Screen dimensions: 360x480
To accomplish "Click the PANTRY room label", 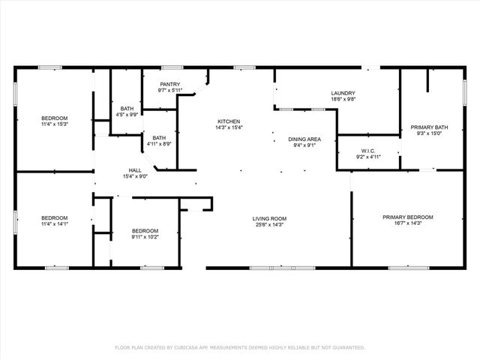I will coord(170,85).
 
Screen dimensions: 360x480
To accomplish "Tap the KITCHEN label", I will coord(229,121).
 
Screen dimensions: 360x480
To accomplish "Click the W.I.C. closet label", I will coord(367,151).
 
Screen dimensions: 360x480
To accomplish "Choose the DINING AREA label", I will coord(304,139).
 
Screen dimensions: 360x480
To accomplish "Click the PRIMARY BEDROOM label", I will coord(407,217).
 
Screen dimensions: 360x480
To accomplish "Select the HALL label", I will coord(134,170).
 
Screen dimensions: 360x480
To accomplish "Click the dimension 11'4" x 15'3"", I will coord(54,124).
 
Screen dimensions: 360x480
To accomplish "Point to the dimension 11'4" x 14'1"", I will coord(54,223).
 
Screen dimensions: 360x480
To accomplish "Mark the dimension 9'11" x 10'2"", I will coord(145,236).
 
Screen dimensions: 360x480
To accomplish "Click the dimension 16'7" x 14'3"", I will coord(407,223).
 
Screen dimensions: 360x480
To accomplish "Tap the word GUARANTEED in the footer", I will coord(348,348).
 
